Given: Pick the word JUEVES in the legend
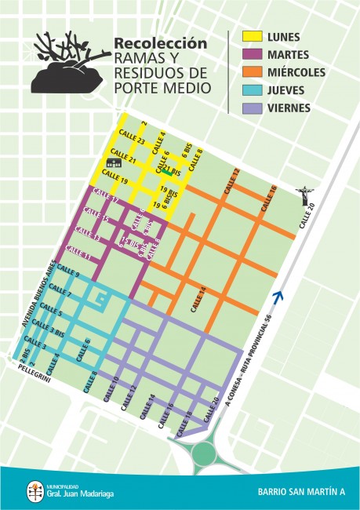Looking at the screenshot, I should click(287, 90).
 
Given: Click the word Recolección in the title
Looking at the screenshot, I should click(161, 43).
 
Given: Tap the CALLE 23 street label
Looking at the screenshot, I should click(128, 140).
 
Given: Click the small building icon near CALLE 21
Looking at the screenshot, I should click(115, 162).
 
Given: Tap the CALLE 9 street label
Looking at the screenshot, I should click(67, 274).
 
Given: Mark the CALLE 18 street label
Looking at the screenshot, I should click(185, 420).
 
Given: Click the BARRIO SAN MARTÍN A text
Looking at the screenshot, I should click(300, 492).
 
